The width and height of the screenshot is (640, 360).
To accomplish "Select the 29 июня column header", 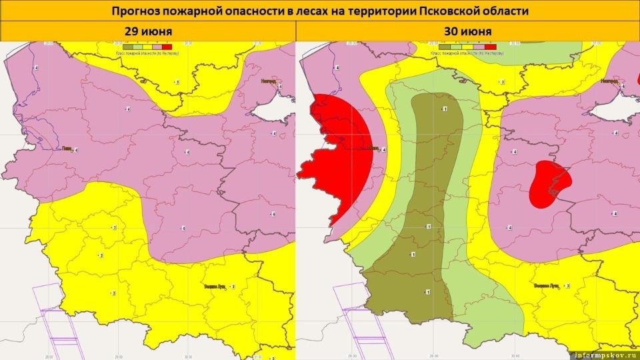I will pyautogui.click(x=148, y=31).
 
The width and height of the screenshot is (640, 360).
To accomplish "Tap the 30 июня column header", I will pyautogui.click(x=467, y=31).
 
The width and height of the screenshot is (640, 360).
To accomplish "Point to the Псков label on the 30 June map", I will pyautogui.click(x=374, y=149).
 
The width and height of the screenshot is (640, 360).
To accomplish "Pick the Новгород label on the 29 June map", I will pyautogui.click(x=267, y=81).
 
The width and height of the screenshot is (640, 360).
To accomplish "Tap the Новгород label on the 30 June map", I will pyautogui.click(x=609, y=81).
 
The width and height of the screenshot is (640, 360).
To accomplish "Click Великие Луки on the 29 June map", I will pyautogui.click(x=216, y=287).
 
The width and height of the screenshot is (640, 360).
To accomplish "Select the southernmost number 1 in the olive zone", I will pyautogui.click(x=427, y=291).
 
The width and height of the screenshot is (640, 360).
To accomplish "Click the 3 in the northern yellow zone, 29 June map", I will pyautogui.click(x=176, y=81).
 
